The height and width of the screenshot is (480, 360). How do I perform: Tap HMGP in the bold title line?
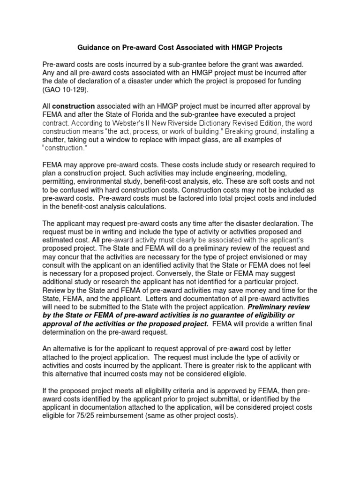(x=234, y=48)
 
